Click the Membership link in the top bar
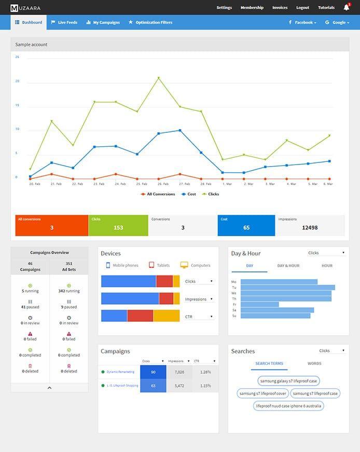click(x=252, y=8)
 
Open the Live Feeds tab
click(x=64, y=22)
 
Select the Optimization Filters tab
click(x=150, y=22)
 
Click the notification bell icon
click(x=346, y=8)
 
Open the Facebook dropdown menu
click(x=302, y=22)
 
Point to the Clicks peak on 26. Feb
click(x=159, y=78)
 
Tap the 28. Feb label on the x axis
click(x=206, y=184)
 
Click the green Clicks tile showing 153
click(x=118, y=225)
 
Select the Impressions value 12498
click(x=310, y=228)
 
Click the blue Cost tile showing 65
click(x=246, y=225)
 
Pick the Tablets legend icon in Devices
click(x=151, y=265)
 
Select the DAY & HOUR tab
click(x=288, y=266)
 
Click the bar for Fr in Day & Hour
click(x=260, y=305)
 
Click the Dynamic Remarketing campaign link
click(x=120, y=372)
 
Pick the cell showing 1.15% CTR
click(x=205, y=386)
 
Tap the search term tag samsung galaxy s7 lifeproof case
click(x=288, y=381)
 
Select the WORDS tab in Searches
click(x=314, y=364)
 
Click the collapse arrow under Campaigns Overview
click(x=49, y=388)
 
